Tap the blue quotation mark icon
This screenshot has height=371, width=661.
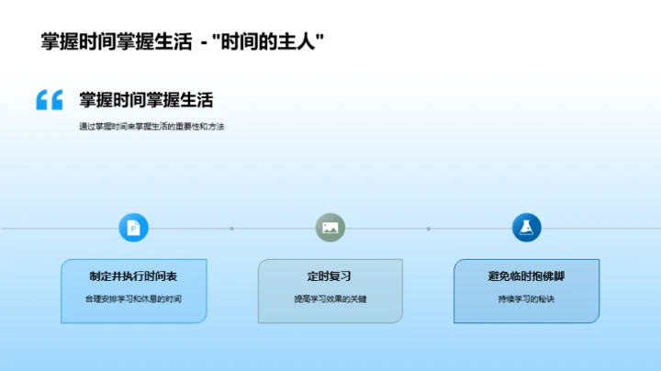pos(49,100)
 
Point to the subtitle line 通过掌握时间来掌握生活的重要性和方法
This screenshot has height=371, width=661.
pos(151,127)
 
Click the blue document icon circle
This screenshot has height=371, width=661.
pos(134,228)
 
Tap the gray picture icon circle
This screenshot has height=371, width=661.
pos(330,228)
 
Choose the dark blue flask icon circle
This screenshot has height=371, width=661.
pos(526,228)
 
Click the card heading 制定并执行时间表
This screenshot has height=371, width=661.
pos(134,275)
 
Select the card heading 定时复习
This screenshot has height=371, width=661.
pos(330,275)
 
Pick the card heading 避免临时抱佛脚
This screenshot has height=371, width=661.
pos(526,275)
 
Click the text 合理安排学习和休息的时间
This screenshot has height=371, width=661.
pos(134,299)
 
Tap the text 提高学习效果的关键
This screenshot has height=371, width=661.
pos(330,299)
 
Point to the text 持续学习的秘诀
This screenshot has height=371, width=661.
pos(526,299)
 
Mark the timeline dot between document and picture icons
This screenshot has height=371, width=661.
pos(231,229)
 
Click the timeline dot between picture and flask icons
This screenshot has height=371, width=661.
pos(428,229)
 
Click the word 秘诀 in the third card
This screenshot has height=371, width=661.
pos(546,299)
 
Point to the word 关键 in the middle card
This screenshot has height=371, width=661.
pos(357,299)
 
